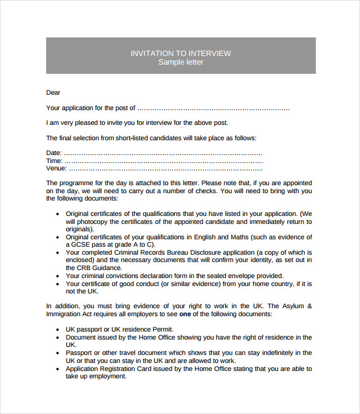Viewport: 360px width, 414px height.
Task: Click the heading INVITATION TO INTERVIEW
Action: [x=180, y=54]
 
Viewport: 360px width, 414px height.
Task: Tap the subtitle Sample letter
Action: [x=180, y=62]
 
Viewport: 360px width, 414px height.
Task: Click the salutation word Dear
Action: [x=54, y=93]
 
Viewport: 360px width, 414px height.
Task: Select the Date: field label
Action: [x=54, y=153]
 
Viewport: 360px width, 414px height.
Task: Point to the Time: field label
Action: [x=54, y=161]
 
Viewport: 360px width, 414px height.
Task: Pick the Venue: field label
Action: [x=56, y=168]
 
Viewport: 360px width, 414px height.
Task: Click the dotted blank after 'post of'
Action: [x=213, y=108]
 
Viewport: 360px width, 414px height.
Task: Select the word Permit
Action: [x=159, y=329]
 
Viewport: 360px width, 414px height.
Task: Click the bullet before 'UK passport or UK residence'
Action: [x=58, y=330]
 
